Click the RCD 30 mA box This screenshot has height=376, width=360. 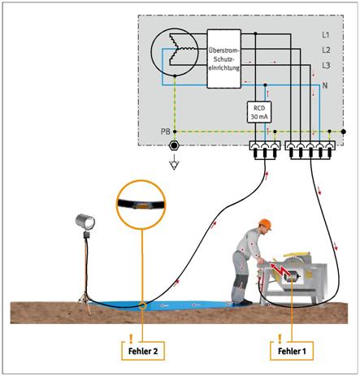[259, 112]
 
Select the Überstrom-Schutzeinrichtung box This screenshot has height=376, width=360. [224, 58]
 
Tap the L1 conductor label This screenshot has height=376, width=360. [326, 35]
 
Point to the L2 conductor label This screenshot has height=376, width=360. [326, 50]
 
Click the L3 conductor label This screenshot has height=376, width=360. [326, 65]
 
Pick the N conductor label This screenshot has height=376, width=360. [325, 85]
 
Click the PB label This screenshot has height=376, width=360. [166, 132]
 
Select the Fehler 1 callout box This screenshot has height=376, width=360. [292, 351]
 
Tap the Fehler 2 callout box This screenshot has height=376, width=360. [143, 351]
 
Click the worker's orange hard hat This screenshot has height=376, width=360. [265, 224]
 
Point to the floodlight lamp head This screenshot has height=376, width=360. [85, 222]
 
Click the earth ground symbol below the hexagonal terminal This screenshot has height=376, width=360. [174, 164]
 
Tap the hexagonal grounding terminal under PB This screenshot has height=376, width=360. [174, 146]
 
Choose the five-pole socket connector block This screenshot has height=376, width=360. [310, 150]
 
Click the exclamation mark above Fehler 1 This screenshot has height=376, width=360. [280, 339]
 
